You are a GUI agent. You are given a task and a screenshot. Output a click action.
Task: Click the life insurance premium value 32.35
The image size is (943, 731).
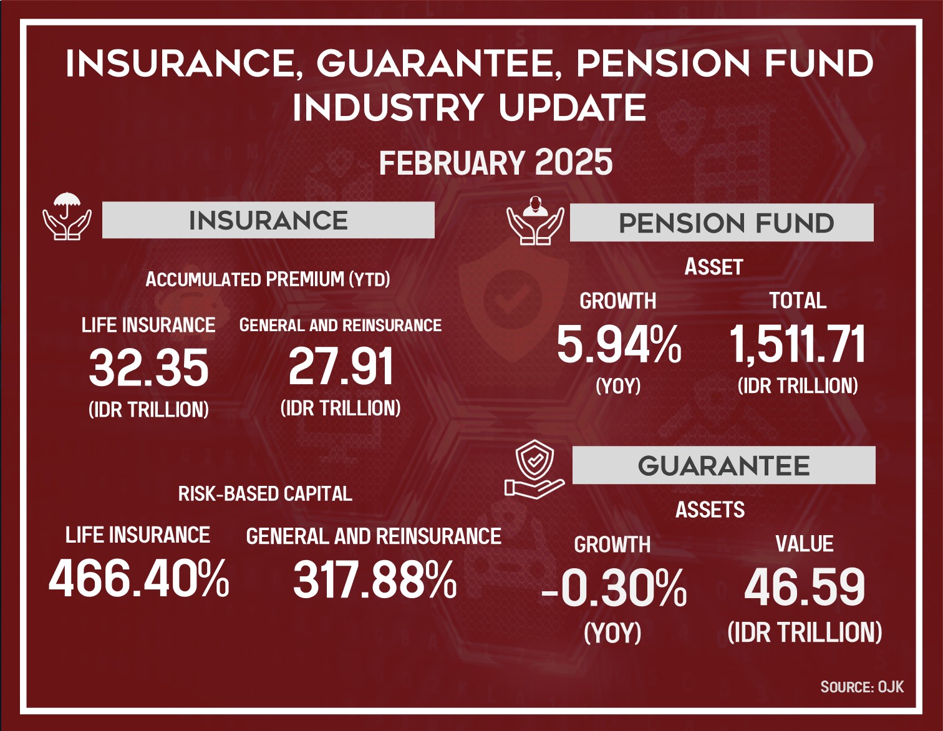tap(149, 369)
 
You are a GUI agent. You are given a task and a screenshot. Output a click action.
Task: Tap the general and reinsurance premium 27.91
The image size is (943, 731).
tap(341, 367)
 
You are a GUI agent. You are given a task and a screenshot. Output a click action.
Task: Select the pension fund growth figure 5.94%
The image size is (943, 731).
tap(619, 345)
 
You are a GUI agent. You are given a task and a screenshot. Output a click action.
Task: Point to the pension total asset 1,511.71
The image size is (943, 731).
tap(798, 344)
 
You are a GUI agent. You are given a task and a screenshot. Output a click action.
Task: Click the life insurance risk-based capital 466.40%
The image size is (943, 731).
tap(139, 579)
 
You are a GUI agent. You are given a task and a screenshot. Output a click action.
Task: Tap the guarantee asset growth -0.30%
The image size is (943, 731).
tap(614, 588)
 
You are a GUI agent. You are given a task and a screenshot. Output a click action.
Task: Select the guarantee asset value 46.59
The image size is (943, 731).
tap(805, 588)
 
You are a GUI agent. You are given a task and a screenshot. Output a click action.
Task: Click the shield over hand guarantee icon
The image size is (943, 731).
tap(534, 469)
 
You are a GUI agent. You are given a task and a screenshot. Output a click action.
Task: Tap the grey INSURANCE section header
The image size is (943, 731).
tap(268, 220)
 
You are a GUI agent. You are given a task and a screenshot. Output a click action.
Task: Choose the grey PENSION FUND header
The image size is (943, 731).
tap(721, 223)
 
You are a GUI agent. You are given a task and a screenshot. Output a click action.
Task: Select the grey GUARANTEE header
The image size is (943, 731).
tap(724, 465)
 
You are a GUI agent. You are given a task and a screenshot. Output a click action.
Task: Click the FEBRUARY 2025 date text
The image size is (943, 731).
tap(496, 162)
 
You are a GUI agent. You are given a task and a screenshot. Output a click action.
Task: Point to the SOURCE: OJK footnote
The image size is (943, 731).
tap(862, 687)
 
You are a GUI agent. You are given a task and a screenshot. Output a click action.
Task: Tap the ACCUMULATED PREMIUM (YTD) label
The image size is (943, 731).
tap(268, 279)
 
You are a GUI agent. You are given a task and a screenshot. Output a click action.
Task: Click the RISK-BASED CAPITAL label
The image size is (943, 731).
tap(265, 494)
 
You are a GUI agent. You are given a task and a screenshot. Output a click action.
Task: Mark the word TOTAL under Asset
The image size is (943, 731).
tap(798, 301)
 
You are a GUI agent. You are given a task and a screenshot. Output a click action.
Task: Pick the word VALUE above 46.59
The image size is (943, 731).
tap(805, 544)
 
